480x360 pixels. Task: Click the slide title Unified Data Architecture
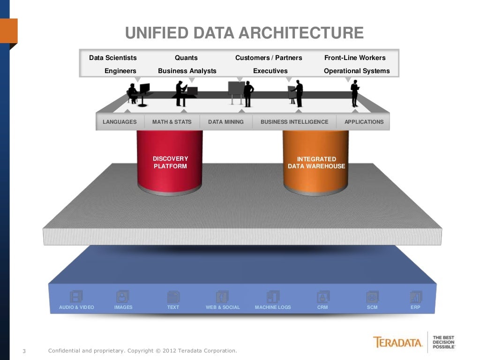click(244, 33)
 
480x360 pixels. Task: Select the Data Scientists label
click(113, 58)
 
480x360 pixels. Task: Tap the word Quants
click(186, 58)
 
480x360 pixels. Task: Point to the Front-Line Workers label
click(355, 58)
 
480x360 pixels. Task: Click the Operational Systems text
click(357, 71)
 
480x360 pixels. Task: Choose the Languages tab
click(120, 122)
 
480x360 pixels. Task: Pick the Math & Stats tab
click(172, 122)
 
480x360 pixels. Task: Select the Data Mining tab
click(226, 122)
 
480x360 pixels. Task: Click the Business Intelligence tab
click(294, 122)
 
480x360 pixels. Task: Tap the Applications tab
click(364, 122)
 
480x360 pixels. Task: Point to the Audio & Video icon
click(76, 296)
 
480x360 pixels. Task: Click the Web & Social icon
click(222, 296)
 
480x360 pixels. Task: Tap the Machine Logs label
click(273, 307)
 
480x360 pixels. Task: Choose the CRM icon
click(322, 296)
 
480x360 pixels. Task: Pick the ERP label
click(415, 307)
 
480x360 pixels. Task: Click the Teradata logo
click(398, 342)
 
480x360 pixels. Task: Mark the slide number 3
click(24, 351)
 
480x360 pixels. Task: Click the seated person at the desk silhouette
click(133, 93)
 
